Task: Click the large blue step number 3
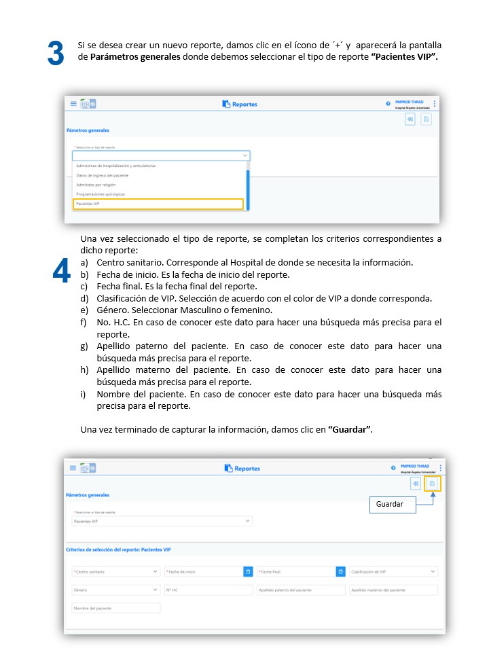coord(56,54)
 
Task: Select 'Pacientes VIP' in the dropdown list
coord(158,204)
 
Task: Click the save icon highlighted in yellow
coord(432,484)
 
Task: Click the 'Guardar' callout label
coord(392,504)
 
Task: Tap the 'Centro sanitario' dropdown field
coord(115,572)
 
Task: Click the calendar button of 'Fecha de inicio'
coord(248,572)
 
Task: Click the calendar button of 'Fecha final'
coord(340,572)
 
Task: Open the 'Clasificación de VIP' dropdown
coord(393,572)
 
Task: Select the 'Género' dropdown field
coord(115,590)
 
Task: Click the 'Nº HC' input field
coord(208,590)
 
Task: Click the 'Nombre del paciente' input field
coord(115,608)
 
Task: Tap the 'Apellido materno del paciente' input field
coord(393,590)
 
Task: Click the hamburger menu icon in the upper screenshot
coord(73,104)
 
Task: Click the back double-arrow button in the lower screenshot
coord(415,484)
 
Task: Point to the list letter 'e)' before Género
coord(84,310)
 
